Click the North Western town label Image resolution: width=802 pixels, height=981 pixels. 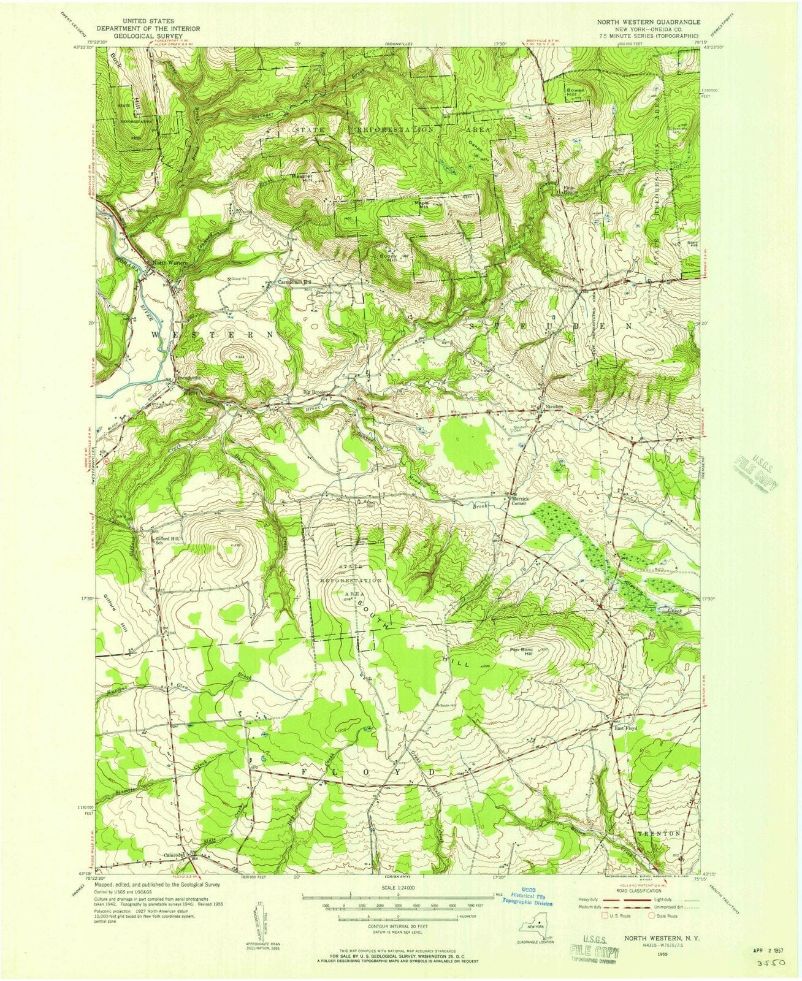point(170,262)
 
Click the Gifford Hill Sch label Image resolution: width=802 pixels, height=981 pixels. point(167,540)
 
